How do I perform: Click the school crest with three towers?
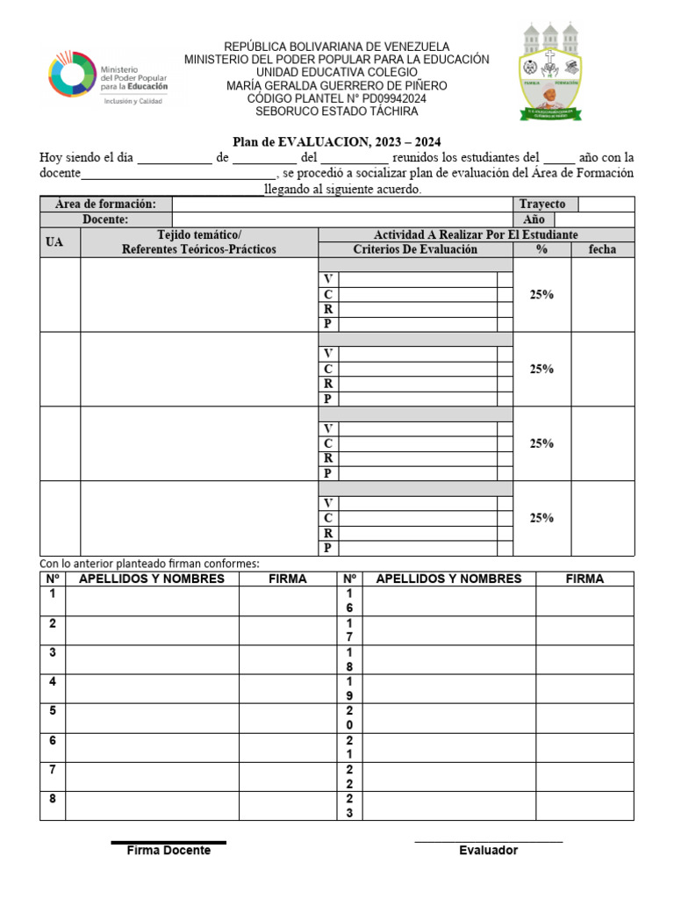point(550,70)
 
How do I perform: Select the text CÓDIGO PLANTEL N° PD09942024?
point(337,99)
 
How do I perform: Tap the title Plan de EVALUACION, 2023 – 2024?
point(336,141)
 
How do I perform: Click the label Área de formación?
point(105,204)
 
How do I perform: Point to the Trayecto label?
point(542,204)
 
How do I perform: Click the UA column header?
point(54,242)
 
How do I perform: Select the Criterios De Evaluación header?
point(415,249)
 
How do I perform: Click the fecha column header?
point(602,249)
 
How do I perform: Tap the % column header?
point(541,249)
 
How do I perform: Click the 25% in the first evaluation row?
point(541,295)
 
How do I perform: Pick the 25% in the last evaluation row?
point(541,518)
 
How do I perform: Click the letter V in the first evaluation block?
point(328,279)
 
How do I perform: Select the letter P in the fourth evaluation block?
point(328,548)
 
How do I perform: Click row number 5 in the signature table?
point(53,711)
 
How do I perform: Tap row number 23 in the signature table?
point(349,806)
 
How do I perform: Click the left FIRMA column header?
point(288,579)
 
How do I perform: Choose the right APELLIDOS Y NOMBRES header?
point(448,579)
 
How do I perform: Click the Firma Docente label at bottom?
point(168,851)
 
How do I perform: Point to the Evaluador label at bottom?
point(488,851)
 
